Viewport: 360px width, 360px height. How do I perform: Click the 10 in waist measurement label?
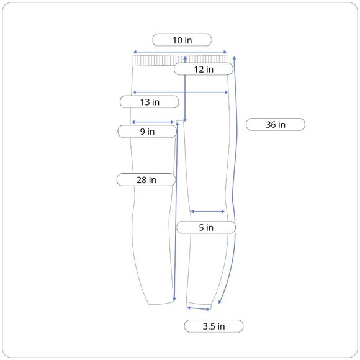click(x=182, y=40)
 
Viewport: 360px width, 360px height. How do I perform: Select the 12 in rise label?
click(x=204, y=69)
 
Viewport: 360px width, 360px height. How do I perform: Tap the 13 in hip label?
click(x=150, y=102)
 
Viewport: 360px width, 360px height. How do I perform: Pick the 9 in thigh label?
click(x=147, y=132)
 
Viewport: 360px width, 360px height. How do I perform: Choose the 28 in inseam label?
click(x=146, y=180)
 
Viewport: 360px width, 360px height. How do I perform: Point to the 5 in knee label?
click(x=206, y=227)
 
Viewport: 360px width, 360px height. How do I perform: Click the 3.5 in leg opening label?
click(x=214, y=326)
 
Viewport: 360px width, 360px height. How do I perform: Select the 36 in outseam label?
click(x=276, y=124)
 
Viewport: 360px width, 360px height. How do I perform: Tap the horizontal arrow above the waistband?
click(x=180, y=52)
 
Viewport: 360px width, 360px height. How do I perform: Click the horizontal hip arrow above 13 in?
click(x=181, y=92)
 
